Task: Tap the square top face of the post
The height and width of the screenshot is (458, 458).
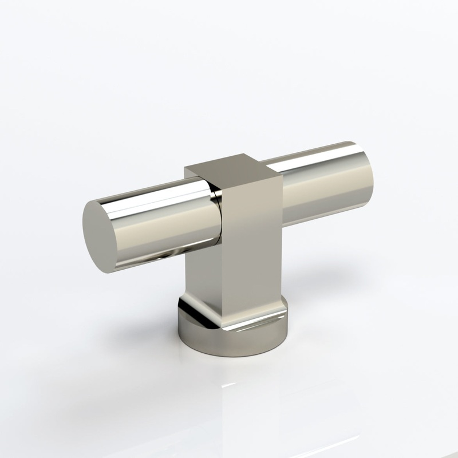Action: [x=234, y=165]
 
